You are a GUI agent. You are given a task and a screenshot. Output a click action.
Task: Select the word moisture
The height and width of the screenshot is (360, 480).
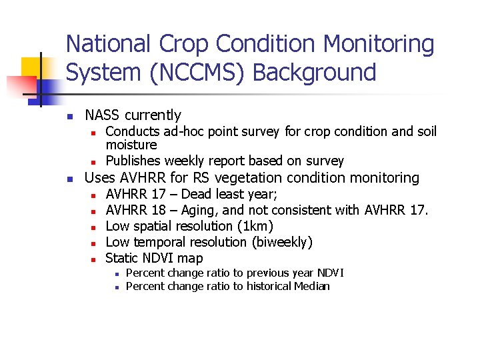pos(131,145)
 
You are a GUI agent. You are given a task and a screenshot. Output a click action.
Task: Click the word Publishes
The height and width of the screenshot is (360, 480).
pos(133,161)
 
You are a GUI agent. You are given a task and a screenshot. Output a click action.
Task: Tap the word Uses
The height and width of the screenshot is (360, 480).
pos(99,178)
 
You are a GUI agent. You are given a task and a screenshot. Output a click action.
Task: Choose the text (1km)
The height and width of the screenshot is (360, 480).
pos(251,226)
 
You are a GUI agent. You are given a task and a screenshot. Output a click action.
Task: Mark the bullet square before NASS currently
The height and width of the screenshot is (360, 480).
pos(69,116)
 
